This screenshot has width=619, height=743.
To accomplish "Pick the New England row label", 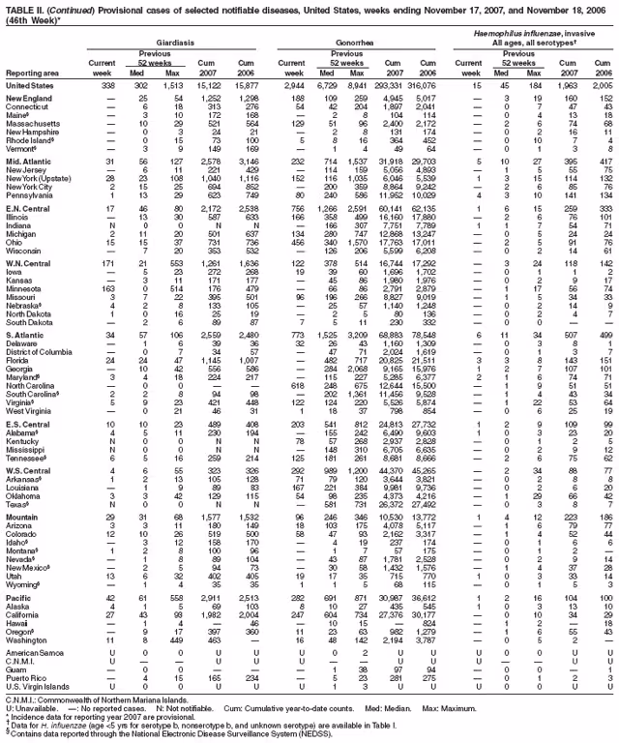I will click(29, 99).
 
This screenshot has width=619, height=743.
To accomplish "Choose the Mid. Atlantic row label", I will click(29, 161).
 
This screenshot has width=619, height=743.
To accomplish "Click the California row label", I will click(23, 617).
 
